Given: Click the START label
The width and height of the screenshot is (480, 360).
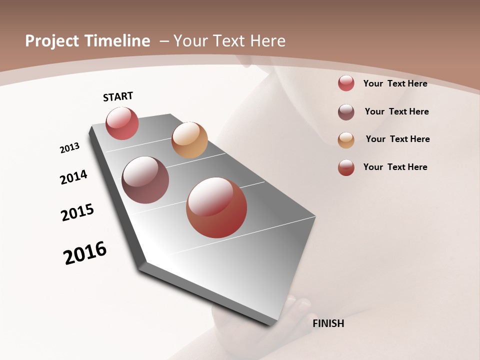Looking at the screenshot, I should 118,96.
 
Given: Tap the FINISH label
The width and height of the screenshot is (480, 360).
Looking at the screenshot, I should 328,323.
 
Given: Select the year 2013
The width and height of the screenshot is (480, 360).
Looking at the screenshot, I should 69,148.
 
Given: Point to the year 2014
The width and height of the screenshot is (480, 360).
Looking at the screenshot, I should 73,177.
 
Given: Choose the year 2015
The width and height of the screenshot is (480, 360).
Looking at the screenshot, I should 77,212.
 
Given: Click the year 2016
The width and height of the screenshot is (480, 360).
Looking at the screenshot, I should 85,253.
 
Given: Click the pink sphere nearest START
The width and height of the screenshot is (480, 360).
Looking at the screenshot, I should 122,123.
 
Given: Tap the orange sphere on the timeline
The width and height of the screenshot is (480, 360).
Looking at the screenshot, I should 189,140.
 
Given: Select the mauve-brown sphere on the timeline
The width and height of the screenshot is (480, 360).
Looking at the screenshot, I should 145,180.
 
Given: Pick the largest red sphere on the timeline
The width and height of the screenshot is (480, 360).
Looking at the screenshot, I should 216,207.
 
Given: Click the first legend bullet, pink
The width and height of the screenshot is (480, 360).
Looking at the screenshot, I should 346,83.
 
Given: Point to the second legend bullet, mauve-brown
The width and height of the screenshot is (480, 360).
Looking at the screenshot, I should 346,112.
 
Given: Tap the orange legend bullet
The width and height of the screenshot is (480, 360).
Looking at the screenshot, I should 346,140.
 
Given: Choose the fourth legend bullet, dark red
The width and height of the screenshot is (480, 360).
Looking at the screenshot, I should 346,167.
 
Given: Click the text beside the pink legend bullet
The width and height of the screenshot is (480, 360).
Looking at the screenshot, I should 395,83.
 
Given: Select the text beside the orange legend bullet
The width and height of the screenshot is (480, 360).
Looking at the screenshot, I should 397,139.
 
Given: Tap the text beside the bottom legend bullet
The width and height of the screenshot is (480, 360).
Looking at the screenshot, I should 395,167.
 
